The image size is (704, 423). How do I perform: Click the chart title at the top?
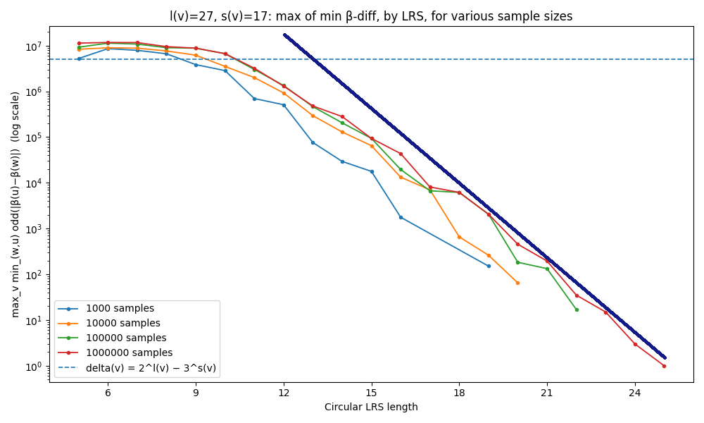pos(371,16)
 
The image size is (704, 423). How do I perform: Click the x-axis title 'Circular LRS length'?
pos(371,407)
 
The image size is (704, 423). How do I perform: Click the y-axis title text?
pos(15,204)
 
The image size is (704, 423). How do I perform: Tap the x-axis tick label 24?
pos(635,393)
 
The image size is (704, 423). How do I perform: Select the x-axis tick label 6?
pos(108,393)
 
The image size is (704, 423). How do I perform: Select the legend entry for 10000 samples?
pos(122,324)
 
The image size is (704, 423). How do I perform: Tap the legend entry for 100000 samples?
pos(125,338)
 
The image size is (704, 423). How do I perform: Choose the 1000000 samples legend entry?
pos(128,352)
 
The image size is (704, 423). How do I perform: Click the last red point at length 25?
pos(664,366)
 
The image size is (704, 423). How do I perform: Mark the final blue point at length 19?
pos(489,266)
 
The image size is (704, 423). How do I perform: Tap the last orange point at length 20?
pos(517,283)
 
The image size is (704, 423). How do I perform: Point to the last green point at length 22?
pos(577,309)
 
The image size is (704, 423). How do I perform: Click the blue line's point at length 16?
pos(401,217)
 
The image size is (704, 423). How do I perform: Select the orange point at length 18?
pos(459,237)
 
